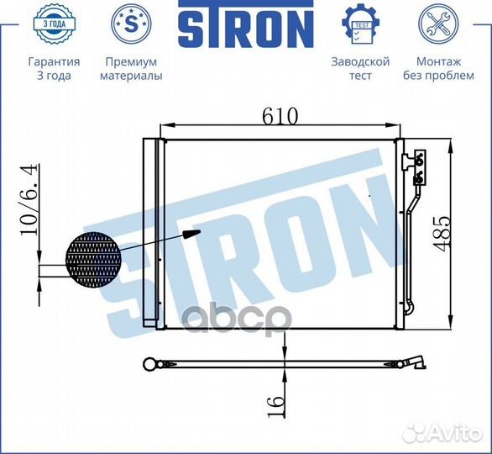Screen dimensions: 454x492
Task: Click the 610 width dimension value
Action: [x=280, y=117]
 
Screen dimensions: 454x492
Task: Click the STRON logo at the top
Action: [x=245, y=28]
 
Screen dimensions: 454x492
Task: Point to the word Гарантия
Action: [x=54, y=61]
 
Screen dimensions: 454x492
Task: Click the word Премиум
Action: [x=131, y=61]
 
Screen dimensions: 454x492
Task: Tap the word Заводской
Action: [x=359, y=61]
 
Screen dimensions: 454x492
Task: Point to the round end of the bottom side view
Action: [x=151, y=364]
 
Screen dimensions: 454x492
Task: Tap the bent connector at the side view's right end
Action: [x=417, y=364]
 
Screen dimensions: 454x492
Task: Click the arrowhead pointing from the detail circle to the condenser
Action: [x=192, y=235]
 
